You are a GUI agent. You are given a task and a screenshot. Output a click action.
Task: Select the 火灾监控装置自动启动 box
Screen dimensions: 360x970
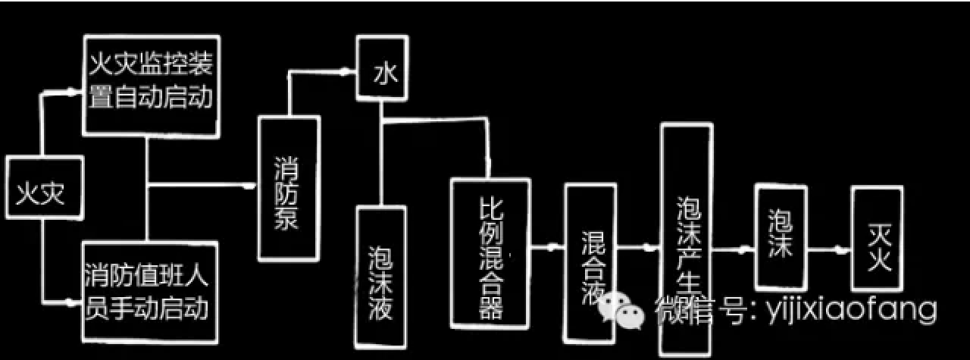150,86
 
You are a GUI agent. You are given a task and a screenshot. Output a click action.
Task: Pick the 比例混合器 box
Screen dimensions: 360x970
489,250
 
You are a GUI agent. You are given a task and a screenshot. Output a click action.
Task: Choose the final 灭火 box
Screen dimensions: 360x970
877,239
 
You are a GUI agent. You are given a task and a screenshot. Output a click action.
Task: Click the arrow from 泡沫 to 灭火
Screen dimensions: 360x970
838,249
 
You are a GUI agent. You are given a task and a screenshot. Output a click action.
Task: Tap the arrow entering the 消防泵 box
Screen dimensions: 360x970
249,184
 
